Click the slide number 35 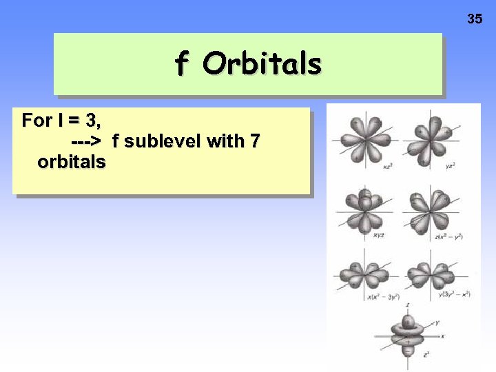(x=475, y=19)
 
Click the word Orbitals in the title (x=262, y=64)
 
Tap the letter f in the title (x=181, y=64)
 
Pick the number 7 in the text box (x=255, y=141)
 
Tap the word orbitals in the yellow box (x=72, y=162)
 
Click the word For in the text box (x=37, y=121)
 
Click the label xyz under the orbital (x=379, y=236)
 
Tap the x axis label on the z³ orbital (x=442, y=335)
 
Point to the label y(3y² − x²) (x=454, y=295)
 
